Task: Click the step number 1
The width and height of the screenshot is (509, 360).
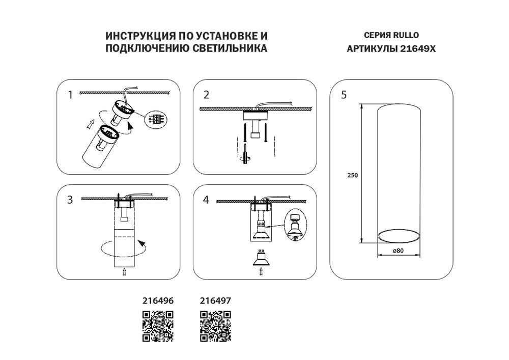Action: (x=71, y=95)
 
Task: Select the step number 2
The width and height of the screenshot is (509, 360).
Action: (x=206, y=95)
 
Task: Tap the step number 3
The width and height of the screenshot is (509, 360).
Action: (x=70, y=200)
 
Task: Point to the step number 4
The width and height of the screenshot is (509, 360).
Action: (x=206, y=200)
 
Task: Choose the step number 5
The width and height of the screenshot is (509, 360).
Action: (x=344, y=95)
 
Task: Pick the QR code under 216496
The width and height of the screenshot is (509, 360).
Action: (x=158, y=325)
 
